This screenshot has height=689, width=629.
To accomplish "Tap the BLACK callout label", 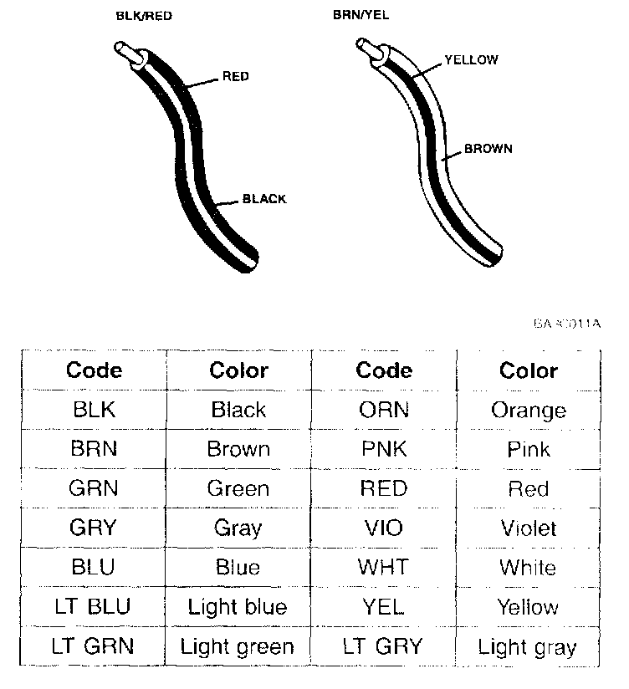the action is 264,199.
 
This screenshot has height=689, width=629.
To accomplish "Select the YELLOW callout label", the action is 471,59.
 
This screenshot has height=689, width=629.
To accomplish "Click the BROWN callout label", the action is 488,149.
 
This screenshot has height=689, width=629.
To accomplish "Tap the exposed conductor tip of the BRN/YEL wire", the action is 365,48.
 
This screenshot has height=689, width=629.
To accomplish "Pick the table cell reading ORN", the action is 383,410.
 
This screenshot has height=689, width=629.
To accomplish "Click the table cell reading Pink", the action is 528,449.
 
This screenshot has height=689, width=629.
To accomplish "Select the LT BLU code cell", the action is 94,606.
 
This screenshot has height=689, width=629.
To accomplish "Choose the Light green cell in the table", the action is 238,646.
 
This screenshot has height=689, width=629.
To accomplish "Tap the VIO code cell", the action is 383,528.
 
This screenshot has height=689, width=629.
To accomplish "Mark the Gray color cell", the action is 238,528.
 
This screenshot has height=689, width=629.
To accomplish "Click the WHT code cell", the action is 383,567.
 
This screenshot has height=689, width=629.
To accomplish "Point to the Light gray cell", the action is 527,646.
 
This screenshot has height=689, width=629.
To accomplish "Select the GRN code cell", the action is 94,488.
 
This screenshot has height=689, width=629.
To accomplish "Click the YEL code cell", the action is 383,606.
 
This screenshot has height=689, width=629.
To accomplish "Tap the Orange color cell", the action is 528,410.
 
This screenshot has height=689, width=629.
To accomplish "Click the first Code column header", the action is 94,370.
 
